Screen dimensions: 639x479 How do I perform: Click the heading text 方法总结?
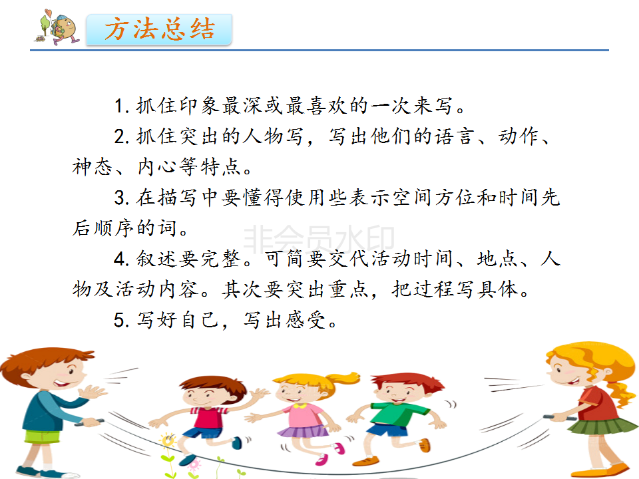coord(159,29)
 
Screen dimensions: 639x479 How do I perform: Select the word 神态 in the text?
coord(92,167)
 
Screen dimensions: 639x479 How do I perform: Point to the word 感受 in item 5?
coord(306,320)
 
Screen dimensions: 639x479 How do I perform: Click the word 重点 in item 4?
coord(349,289)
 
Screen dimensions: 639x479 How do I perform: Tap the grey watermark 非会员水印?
coord(319,239)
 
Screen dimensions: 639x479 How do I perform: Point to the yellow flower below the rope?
coord(167,440)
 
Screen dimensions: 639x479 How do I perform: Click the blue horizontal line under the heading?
coord(319,50)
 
